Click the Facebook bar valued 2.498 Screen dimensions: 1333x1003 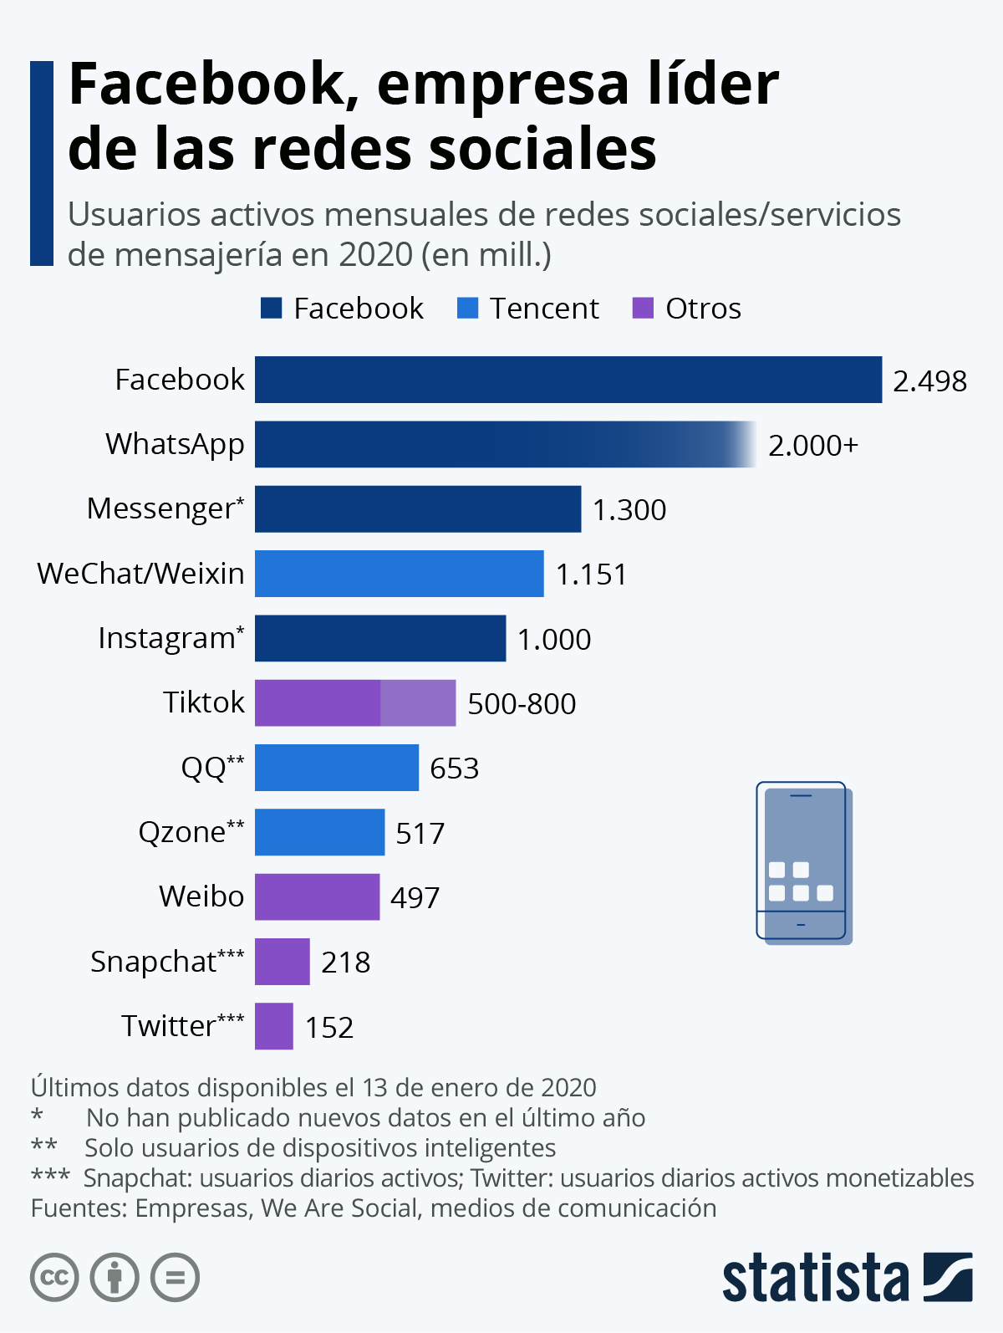click(568, 380)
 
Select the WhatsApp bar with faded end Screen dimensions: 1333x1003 click(501, 444)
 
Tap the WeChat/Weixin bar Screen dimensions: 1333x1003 click(399, 574)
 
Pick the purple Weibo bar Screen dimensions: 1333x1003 click(317, 897)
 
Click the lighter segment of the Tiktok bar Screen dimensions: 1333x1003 click(418, 703)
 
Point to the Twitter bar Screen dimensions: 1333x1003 click(274, 1026)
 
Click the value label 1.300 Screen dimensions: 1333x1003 click(629, 510)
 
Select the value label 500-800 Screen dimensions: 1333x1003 click(522, 704)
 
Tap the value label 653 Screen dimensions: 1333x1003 click(455, 769)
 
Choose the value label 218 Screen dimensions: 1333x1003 click(346, 963)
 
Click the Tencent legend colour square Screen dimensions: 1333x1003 click(467, 309)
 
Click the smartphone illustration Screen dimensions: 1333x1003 click(803, 863)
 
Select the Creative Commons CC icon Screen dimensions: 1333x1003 click(54, 1277)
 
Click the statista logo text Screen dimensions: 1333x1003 click(816, 1277)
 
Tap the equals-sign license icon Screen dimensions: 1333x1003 click(176, 1277)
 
